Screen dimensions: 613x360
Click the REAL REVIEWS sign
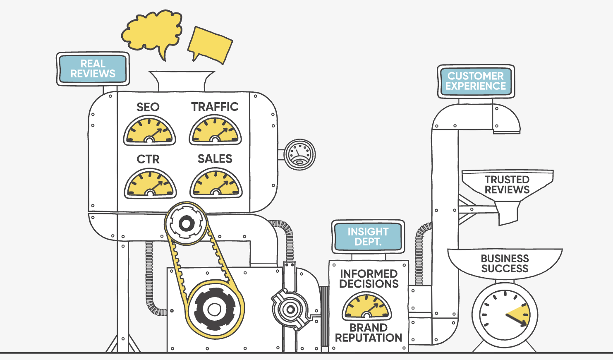[93, 69]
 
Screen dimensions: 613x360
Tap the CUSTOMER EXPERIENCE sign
[476, 81]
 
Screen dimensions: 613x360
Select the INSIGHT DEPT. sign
[368, 237]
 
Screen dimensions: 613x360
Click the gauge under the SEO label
[149, 130]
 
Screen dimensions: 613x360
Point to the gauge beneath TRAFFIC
[216, 130]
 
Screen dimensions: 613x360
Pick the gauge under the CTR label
[150, 183]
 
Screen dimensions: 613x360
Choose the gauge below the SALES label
[216, 183]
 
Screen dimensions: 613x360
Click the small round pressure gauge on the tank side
[299, 154]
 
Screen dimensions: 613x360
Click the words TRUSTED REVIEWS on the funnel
[507, 185]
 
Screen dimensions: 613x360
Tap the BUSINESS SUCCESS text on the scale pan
[505, 263]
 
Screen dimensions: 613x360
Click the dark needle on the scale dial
[516, 320]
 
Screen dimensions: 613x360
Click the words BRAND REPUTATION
[369, 333]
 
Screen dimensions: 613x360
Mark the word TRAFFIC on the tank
[215, 107]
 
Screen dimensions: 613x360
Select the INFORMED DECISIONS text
[369, 279]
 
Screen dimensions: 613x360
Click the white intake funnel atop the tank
[182, 81]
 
